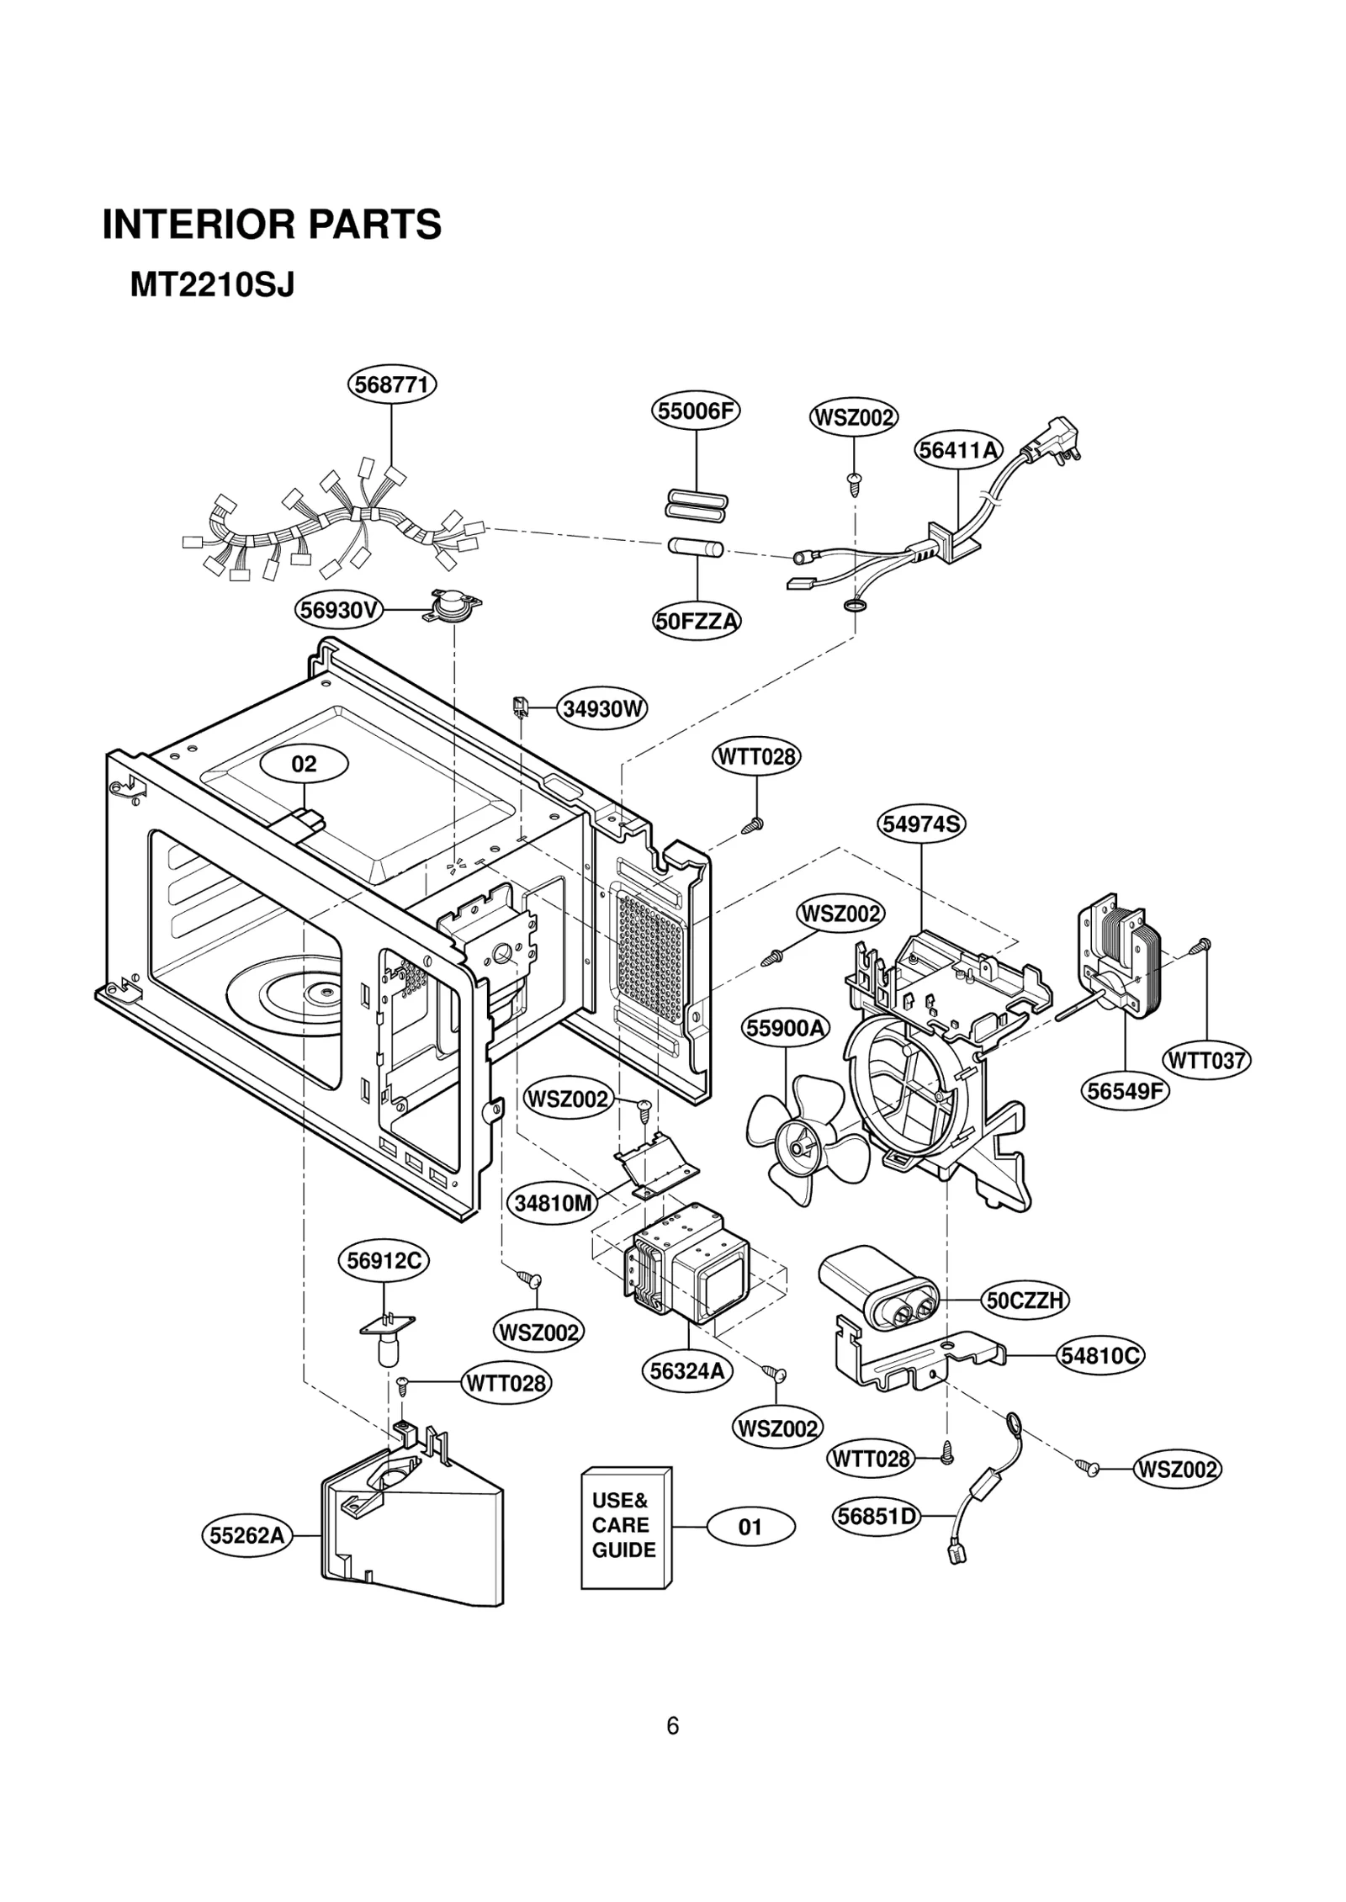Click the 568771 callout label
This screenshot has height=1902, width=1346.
pyautogui.click(x=392, y=385)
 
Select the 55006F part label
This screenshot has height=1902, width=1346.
pyautogui.click(x=696, y=411)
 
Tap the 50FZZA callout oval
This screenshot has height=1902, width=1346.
pyautogui.click(x=697, y=622)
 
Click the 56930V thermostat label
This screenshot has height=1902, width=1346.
pyautogui.click(x=338, y=610)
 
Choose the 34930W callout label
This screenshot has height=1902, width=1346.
pyautogui.click(x=601, y=708)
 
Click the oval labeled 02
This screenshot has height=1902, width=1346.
pyautogui.click(x=304, y=764)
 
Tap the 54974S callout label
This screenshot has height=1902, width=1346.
pyautogui.click(x=921, y=824)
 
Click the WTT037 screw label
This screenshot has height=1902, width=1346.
pyautogui.click(x=1206, y=1060)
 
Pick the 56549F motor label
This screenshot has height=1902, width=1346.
pyautogui.click(x=1125, y=1091)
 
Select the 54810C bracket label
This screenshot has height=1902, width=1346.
pyautogui.click(x=1100, y=1355)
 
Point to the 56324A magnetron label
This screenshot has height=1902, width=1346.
pyautogui.click(x=687, y=1371)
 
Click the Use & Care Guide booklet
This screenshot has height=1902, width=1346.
pyautogui.click(x=626, y=1527)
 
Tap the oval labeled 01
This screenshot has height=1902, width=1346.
pyautogui.click(x=750, y=1527)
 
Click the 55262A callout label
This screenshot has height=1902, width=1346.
pyautogui.click(x=246, y=1536)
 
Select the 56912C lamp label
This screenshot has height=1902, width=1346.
pyautogui.click(x=384, y=1260)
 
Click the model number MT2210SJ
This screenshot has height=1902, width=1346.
pyautogui.click(x=212, y=286)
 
